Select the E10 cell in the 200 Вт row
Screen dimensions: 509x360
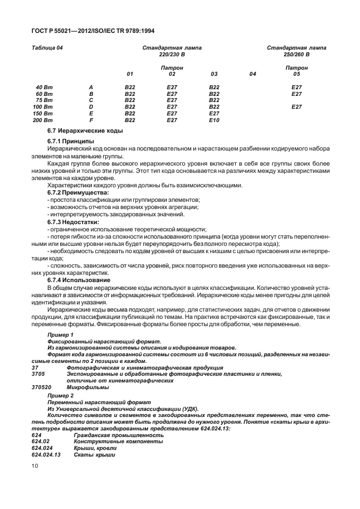coord(213,120)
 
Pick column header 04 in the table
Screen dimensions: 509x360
coord(252,74)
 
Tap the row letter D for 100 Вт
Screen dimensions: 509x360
coord(90,107)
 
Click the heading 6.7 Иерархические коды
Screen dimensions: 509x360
coord(85,131)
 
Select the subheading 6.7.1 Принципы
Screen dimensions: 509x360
coord(71,142)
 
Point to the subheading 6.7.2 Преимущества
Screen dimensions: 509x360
coord(78,192)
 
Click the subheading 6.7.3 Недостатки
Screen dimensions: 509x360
coord(73,222)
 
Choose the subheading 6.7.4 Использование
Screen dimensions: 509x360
coord(79,280)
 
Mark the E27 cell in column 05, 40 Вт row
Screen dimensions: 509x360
coord(296,88)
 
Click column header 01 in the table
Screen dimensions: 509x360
coord(130,74)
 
